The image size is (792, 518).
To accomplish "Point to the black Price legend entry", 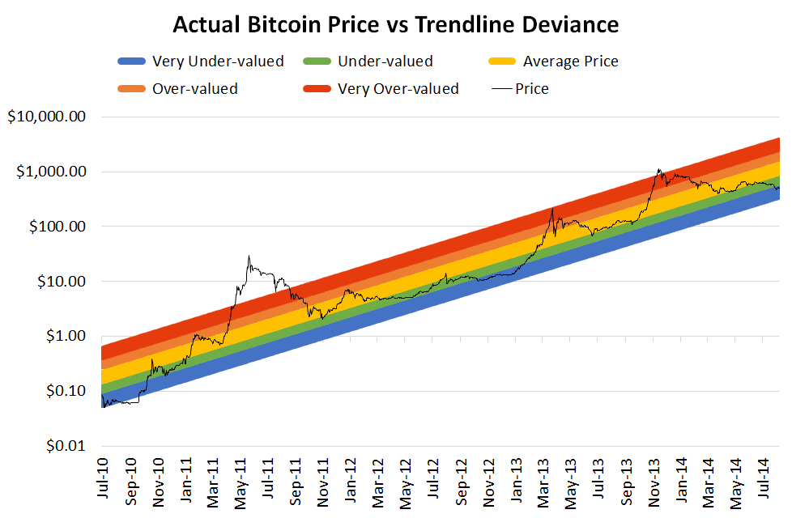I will [531, 89].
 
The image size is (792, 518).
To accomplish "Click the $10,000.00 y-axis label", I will [46, 117].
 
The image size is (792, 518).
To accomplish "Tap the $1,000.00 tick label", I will [50, 172].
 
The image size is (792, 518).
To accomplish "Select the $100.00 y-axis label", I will [55, 227].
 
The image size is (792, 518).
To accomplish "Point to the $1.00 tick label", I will [63, 337].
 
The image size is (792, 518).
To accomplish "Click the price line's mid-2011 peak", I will [249, 257].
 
